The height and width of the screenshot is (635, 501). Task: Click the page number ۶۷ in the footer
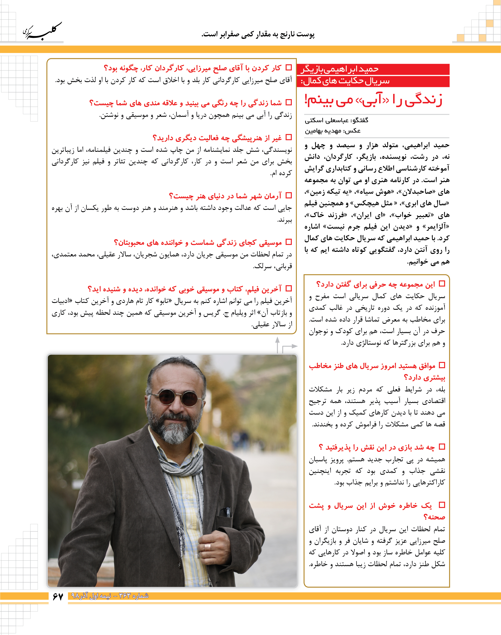(x=58, y=596)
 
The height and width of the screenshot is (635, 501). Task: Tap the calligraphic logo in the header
(x=43, y=31)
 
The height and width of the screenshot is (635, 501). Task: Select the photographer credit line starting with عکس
(x=333, y=131)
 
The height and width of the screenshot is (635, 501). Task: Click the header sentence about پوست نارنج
(x=258, y=35)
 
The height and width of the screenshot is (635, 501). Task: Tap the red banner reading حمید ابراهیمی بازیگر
(x=372, y=69)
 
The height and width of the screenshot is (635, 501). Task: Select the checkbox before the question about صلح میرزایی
(x=289, y=68)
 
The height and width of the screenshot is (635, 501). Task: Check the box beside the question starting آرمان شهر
(x=289, y=195)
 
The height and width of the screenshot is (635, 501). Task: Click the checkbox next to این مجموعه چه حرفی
(x=442, y=284)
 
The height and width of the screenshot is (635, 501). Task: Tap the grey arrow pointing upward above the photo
(x=277, y=341)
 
